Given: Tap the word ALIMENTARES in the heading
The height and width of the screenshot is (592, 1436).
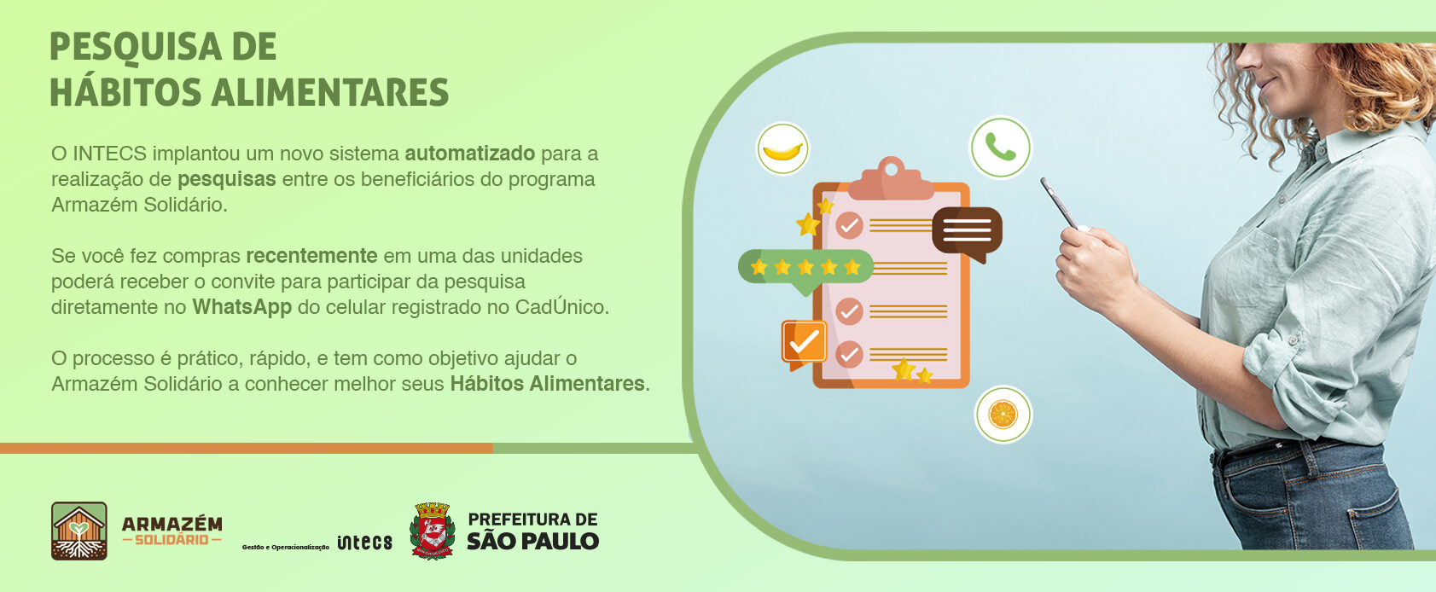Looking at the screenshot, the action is pos(330,92).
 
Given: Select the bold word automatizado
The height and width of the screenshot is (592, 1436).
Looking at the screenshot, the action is pos(470,154).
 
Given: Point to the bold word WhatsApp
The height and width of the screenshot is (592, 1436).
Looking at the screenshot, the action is pos(242,308).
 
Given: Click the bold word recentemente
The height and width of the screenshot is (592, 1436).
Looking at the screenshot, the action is pos(311,256).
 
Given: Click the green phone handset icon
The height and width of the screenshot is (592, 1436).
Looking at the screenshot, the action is pos(1000,147).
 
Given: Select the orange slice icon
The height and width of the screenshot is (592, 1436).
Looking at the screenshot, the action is pos(1003,415).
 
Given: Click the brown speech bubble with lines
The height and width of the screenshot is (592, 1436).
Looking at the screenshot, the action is pos(967,233).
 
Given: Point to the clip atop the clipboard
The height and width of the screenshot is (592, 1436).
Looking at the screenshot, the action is pos(891,179).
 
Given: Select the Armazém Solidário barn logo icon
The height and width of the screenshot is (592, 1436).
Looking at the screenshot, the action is pos(79,531).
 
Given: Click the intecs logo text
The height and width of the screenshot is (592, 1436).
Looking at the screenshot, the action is pos(365,543).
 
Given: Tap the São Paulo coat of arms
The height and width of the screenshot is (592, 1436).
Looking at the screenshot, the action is pos(432,531).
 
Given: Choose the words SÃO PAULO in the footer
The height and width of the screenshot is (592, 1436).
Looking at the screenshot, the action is pos(532,542).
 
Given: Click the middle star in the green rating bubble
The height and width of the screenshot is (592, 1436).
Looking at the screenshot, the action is pos(805,266).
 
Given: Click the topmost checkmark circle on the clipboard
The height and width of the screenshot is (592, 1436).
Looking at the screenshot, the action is pos(850,225).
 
